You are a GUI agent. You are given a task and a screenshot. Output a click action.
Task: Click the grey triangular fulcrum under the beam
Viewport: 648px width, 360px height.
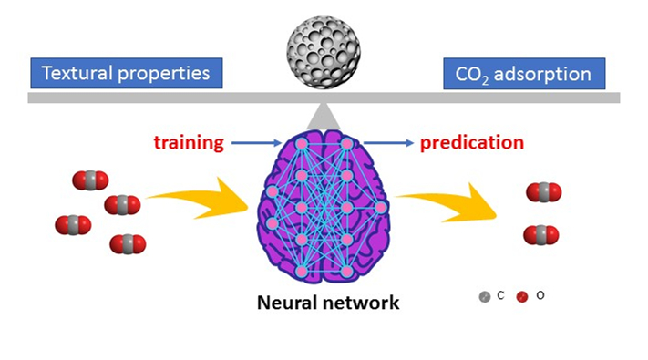[x=321, y=115]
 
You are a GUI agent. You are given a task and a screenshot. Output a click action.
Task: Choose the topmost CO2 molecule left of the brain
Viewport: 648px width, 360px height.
[x=90, y=180]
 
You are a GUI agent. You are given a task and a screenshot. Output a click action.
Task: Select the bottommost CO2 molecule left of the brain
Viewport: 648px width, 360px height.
[x=128, y=244]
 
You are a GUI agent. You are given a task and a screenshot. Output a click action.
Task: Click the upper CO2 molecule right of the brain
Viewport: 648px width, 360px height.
[x=543, y=192]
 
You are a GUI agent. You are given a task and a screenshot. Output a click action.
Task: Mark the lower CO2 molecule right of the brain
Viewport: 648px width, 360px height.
[x=541, y=235]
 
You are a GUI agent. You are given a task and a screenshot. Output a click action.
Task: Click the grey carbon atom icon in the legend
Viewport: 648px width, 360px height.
[x=485, y=297]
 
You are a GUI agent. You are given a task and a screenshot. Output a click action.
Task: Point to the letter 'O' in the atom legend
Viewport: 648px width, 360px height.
[x=540, y=296]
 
